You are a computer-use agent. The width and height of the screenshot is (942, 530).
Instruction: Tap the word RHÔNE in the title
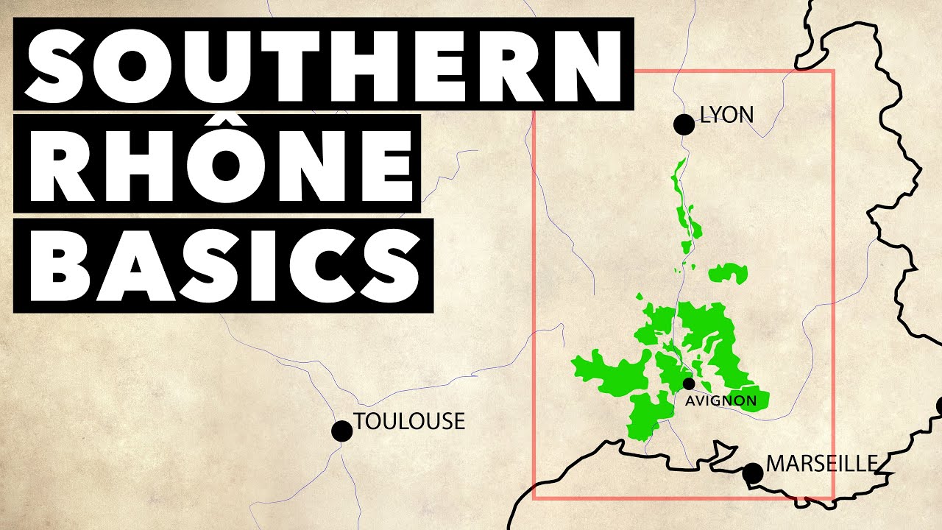point(217,164)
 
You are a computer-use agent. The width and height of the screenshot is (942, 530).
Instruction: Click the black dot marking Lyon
point(684,125)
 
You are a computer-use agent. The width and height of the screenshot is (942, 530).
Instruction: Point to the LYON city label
point(727,116)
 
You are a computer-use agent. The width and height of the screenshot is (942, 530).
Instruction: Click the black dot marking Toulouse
point(341,431)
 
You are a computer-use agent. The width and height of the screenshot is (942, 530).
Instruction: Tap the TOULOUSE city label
point(409,422)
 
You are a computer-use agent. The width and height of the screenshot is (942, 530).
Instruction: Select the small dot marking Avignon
point(689,384)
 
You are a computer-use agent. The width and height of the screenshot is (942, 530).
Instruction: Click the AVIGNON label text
point(720,401)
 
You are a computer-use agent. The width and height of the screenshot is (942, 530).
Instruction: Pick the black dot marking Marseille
point(752,473)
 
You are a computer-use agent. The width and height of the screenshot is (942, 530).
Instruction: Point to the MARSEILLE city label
point(822,464)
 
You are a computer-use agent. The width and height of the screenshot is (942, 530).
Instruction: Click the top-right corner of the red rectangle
point(832,71)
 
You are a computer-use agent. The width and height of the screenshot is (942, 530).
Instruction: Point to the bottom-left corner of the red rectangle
point(534,498)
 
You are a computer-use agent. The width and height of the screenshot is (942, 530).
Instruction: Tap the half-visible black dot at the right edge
point(939,406)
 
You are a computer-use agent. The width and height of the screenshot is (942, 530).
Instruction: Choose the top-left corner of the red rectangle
point(534,71)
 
